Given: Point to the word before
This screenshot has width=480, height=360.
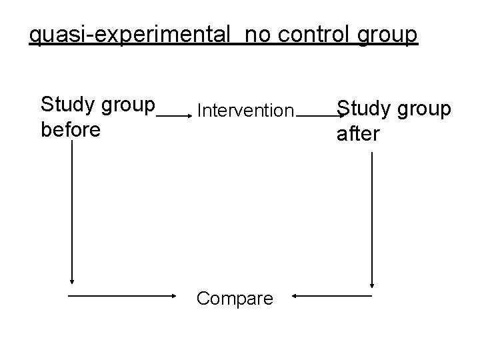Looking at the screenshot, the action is click(x=71, y=129).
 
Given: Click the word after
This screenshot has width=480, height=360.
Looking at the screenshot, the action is click(x=359, y=133).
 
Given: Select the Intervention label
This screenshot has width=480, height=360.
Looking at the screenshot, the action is click(x=245, y=109).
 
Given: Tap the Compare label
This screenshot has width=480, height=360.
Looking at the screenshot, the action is click(x=235, y=298).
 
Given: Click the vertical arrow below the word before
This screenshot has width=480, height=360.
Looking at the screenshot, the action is click(x=71, y=213).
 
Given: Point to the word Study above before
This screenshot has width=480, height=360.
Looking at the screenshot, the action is click(x=66, y=105).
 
